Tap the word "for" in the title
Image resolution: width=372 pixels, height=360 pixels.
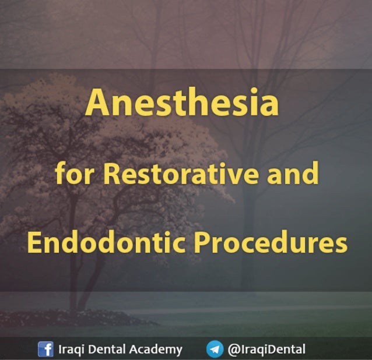tap(68, 174)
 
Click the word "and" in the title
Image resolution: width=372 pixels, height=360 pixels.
tap(293, 174)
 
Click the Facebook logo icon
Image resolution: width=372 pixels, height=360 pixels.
tap(45, 350)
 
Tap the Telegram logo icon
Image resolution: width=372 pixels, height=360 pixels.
tap(215, 350)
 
